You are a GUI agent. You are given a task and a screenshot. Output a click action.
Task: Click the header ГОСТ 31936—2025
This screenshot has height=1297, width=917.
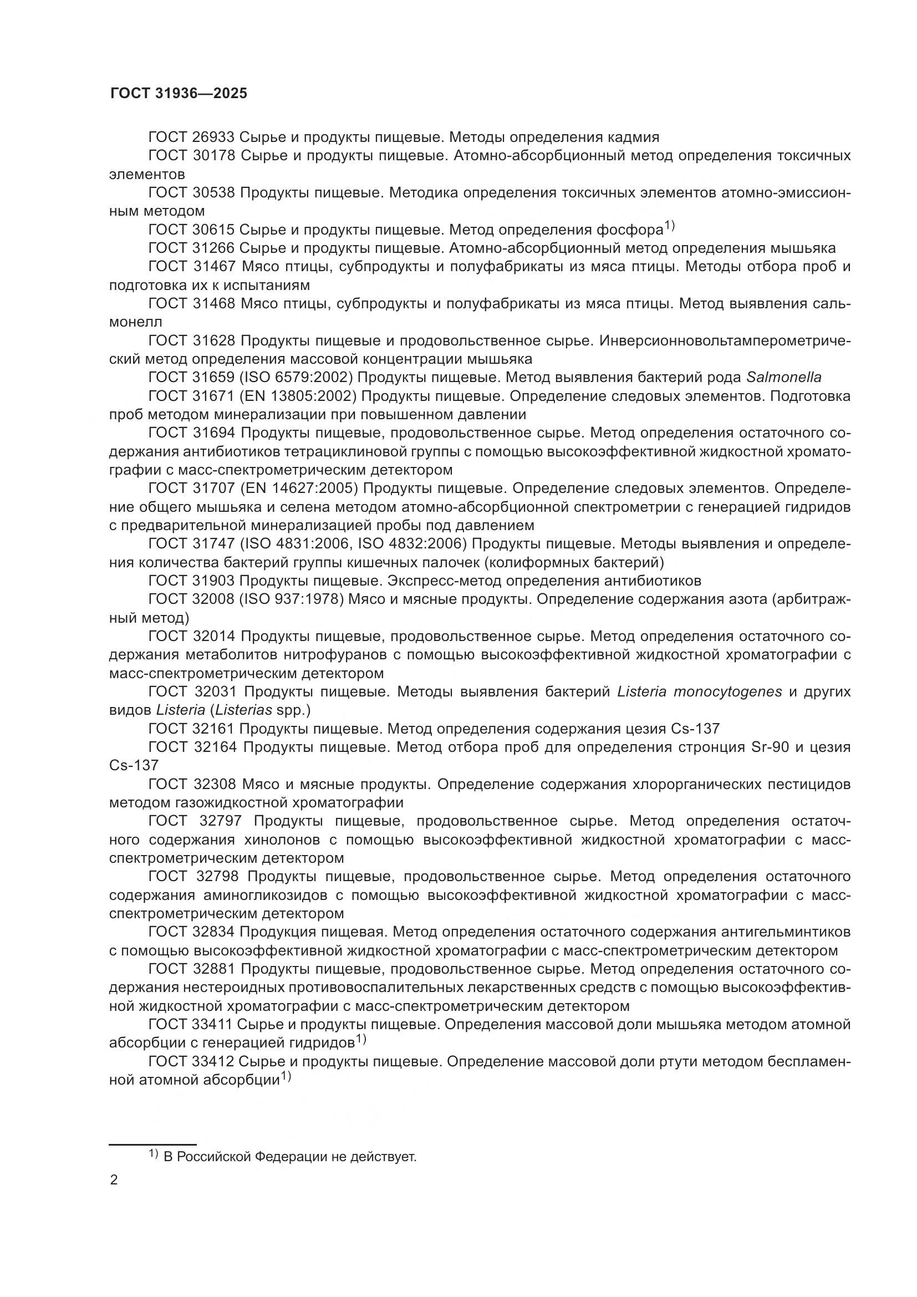coord(179,94)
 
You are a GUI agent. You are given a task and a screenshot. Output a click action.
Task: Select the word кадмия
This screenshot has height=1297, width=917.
coord(634,138)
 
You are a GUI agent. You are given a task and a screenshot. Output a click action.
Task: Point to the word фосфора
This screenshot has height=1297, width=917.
coord(629,230)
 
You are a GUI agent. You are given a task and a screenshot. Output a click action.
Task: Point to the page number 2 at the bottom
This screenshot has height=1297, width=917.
coord(114,1180)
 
